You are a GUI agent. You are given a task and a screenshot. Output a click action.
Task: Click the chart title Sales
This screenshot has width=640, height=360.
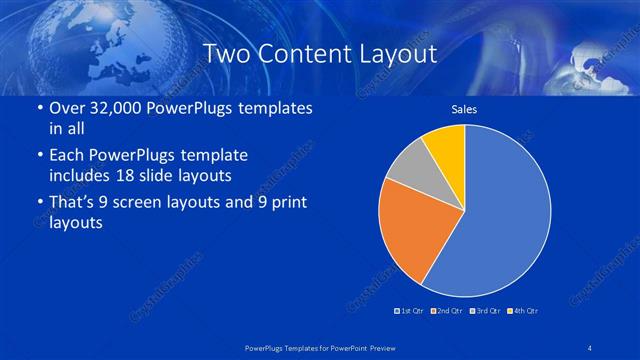coord(464,108)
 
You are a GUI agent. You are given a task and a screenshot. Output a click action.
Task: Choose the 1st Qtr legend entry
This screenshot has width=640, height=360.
coord(411,311)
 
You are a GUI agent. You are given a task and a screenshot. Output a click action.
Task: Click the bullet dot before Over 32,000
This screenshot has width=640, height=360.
coord(38,109)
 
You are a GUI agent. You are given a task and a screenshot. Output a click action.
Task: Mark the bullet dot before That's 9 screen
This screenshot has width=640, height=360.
coord(38,203)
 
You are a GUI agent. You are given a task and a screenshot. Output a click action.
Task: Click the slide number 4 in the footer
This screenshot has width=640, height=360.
coord(590,346)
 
